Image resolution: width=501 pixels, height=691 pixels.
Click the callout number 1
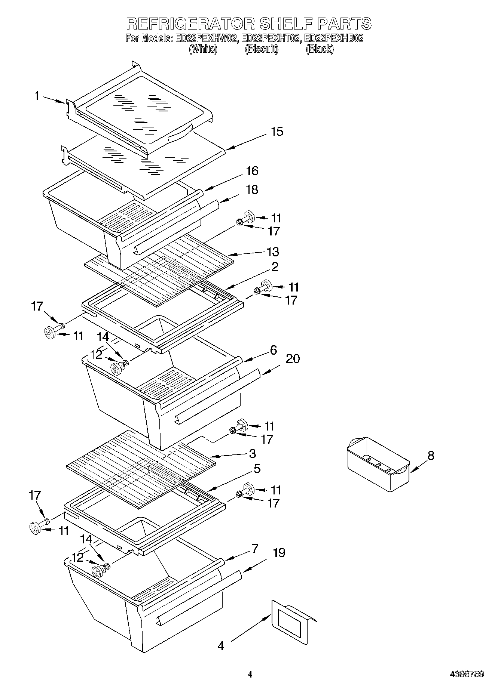(x=37, y=96)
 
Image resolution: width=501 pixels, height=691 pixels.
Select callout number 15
(x=277, y=132)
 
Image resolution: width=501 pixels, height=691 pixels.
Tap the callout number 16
(x=252, y=171)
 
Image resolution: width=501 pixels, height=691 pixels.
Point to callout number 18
(x=252, y=190)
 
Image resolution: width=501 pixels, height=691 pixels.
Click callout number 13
(x=273, y=252)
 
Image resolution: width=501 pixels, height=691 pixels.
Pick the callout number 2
(x=275, y=267)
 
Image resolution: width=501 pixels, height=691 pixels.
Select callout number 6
(x=274, y=350)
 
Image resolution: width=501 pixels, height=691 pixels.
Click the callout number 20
(x=293, y=359)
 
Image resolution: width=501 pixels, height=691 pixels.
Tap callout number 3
(x=253, y=454)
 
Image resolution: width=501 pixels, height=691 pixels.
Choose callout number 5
(x=257, y=469)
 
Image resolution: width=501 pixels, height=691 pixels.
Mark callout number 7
(x=254, y=549)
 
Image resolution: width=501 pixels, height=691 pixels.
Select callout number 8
(x=431, y=456)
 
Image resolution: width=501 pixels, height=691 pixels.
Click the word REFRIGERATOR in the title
(x=190, y=24)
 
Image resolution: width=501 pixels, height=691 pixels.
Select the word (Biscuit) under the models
(x=262, y=49)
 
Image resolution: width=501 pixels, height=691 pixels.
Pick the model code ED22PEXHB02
(x=334, y=38)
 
